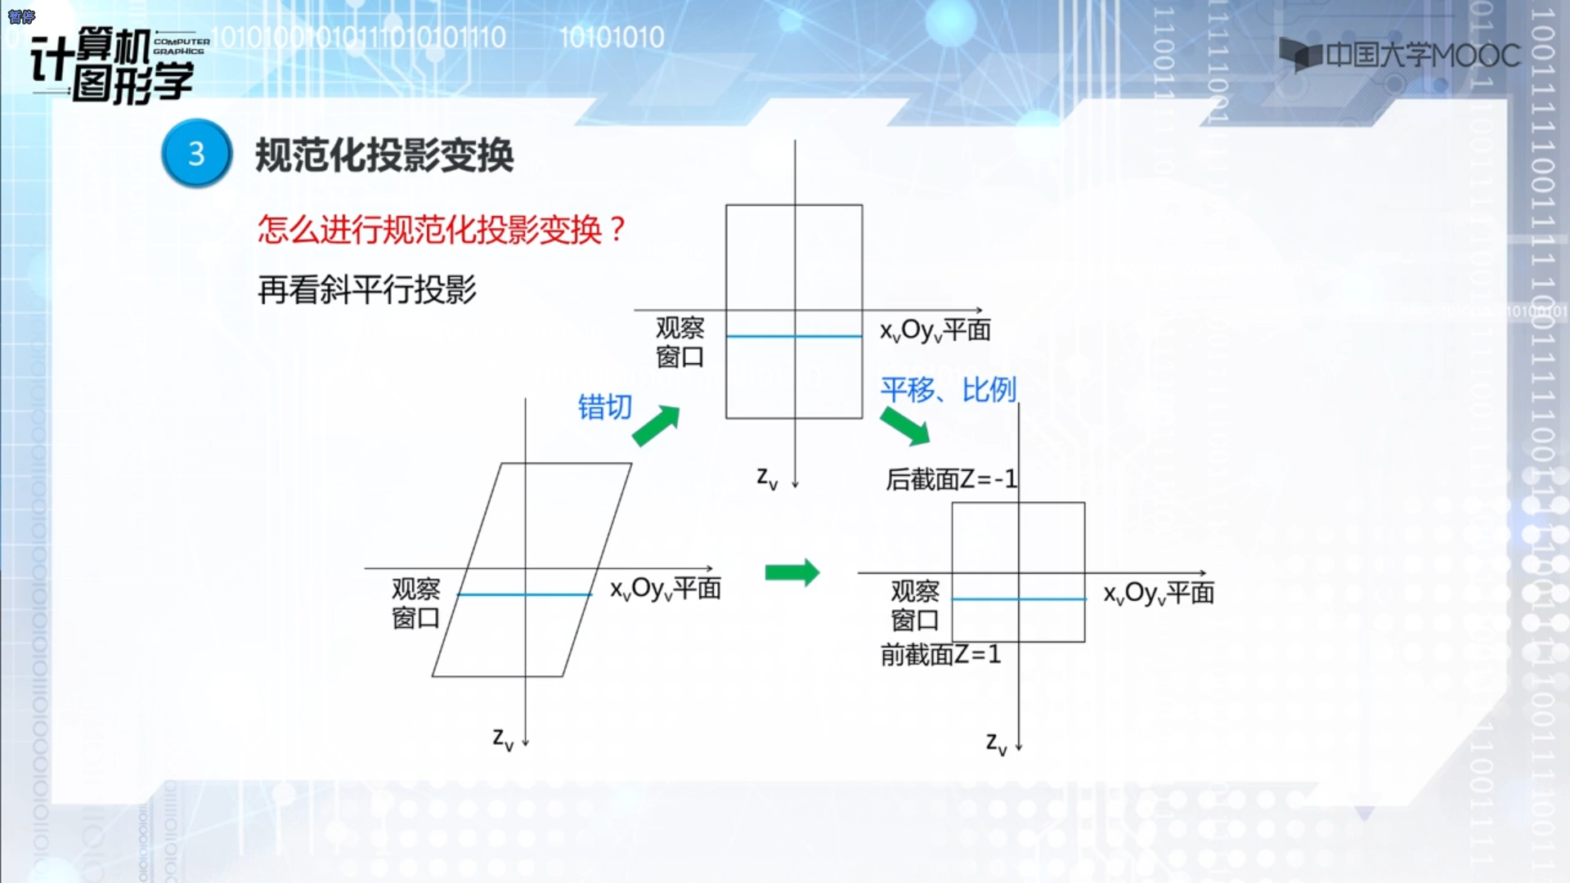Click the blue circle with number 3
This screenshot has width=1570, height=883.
[x=196, y=154]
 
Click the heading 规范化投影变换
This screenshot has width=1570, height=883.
[x=384, y=155]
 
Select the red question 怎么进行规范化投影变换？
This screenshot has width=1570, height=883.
[x=442, y=229]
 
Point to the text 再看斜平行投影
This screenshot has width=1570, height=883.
[x=367, y=289]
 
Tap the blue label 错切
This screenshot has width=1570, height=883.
[x=605, y=406]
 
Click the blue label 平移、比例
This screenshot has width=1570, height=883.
[x=949, y=389]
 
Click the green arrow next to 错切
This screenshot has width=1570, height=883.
[x=657, y=425]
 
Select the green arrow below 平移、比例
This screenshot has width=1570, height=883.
[x=905, y=426]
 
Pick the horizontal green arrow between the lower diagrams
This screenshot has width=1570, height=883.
[x=792, y=572]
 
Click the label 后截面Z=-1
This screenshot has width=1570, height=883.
[x=951, y=478]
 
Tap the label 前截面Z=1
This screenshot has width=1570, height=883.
[x=940, y=654]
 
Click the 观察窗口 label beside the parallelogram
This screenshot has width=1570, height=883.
[x=415, y=603]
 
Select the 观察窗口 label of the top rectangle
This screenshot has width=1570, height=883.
[x=680, y=343]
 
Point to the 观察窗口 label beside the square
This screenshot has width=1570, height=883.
[x=915, y=606]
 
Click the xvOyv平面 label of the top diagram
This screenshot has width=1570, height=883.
[x=935, y=330]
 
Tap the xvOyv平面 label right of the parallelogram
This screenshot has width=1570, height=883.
[x=666, y=589]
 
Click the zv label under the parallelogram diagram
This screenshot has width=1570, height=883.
[x=503, y=739]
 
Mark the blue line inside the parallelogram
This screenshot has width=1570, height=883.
[x=524, y=594]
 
